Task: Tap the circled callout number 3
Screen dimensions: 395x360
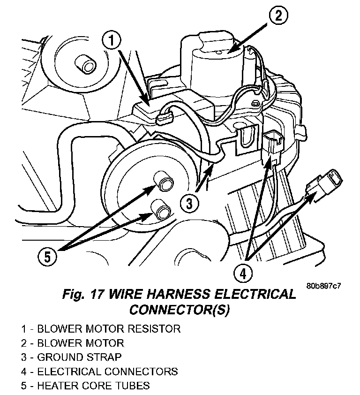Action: tap(188, 203)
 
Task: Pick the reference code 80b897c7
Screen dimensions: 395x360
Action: tap(324, 286)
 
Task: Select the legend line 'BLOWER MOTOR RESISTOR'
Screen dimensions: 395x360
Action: tap(100, 328)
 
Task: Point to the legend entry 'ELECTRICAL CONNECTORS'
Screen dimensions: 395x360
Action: tap(99, 372)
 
